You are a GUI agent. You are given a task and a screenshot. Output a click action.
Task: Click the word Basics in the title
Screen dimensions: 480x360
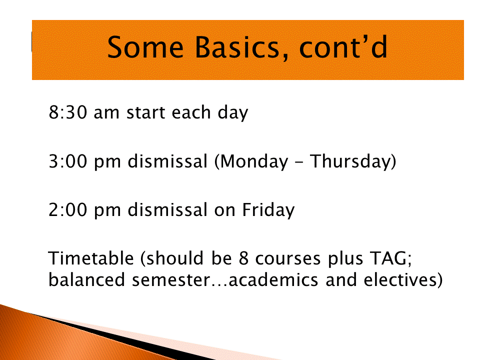point(237,47)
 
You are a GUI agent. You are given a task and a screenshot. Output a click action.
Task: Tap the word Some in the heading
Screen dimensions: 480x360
point(145,47)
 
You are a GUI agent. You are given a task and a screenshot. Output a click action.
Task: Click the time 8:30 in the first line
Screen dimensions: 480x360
point(67,112)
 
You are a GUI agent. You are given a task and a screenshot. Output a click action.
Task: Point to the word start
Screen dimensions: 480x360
point(145,112)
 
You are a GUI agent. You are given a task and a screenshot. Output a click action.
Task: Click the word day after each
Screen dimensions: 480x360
point(232,113)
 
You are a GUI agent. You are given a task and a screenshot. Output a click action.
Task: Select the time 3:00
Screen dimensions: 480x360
point(67,161)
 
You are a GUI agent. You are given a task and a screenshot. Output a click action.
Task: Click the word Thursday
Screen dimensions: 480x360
point(350,162)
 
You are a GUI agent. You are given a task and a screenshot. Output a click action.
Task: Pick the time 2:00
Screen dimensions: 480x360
point(67,209)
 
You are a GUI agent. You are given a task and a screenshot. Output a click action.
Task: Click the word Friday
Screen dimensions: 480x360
point(268,210)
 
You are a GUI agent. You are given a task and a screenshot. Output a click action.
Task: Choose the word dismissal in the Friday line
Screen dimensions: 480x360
point(167,209)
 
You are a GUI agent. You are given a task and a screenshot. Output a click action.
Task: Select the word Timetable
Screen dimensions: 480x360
point(91,258)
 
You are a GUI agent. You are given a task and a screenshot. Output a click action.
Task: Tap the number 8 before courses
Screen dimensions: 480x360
point(243,258)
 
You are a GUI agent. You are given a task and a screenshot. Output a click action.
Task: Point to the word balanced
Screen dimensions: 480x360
point(86,280)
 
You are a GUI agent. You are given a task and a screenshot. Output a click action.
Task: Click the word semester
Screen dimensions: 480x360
point(171,280)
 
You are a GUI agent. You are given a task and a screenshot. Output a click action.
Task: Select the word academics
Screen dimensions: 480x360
point(273,280)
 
